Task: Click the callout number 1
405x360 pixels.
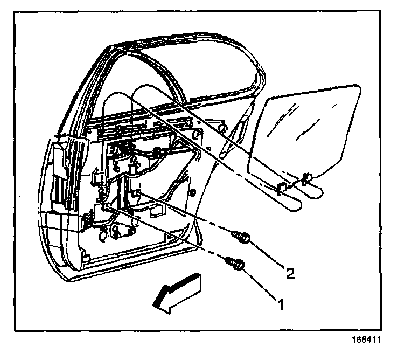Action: [280, 304]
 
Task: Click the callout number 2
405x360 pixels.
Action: [290, 274]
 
